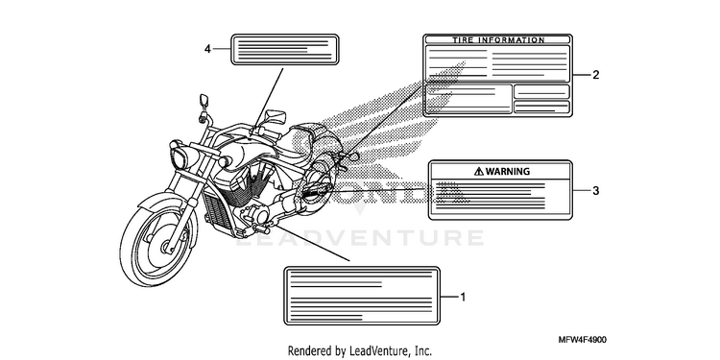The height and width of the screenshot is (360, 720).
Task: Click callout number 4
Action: click(x=207, y=49)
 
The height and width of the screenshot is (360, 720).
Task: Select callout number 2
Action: click(x=595, y=75)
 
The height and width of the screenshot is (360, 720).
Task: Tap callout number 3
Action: click(x=595, y=191)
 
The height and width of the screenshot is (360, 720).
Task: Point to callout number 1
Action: click(x=463, y=297)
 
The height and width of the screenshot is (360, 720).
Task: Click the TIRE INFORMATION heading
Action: click(x=498, y=40)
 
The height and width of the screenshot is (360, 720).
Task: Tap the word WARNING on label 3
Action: click(x=508, y=172)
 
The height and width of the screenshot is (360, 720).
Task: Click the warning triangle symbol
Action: click(x=479, y=172)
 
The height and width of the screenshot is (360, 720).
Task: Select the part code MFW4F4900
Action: click(x=583, y=340)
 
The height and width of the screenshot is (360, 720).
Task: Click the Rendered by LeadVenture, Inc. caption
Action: click(x=360, y=351)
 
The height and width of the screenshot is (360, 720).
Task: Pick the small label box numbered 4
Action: click(x=285, y=49)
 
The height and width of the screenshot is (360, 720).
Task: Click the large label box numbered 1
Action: click(x=362, y=296)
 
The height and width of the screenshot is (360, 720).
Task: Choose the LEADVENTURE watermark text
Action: click(x=360, y=238)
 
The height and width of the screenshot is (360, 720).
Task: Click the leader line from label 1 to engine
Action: click(x=311, y=243)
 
